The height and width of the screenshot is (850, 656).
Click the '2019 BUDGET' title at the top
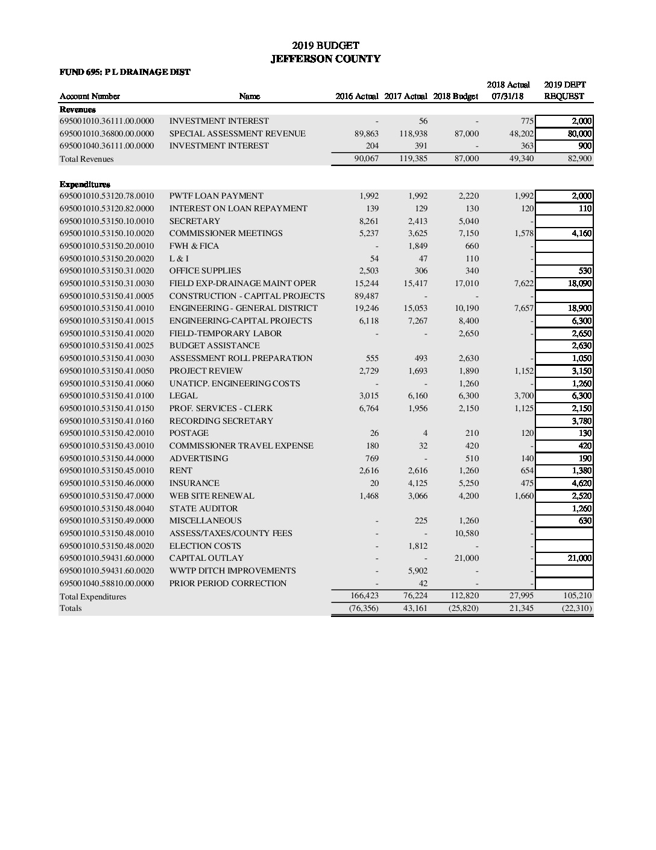tap(326, 45)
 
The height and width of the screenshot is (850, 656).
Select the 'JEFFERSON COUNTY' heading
tap(326, 59)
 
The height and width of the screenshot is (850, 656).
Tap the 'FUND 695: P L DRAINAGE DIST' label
tap(125, 72)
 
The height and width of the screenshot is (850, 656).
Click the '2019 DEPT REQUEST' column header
tap(564, 91)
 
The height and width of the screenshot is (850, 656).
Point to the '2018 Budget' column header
tap(455, 97)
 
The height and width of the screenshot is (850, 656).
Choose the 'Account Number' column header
tap(90, 97)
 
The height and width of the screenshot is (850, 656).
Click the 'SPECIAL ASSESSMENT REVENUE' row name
tap(237, 133)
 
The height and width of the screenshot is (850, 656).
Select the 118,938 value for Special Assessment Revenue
tap(413, 133)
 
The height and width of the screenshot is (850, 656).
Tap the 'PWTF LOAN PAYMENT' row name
tap(216, 196)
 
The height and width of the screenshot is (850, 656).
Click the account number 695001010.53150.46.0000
tap(107, 483)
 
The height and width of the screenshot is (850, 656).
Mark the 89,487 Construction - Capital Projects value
tap(367, 296)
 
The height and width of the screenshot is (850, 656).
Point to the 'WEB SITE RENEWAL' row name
tap(212, 496)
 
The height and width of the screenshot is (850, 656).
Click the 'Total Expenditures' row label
tap(93, 596)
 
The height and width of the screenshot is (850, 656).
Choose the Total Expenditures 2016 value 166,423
tap(364, 596)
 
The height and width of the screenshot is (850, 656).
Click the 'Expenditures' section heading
tap(84, 184)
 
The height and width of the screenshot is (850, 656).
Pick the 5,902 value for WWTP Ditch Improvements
tap(418, 570)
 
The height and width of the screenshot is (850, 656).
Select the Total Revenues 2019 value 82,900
tap(579, 159)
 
